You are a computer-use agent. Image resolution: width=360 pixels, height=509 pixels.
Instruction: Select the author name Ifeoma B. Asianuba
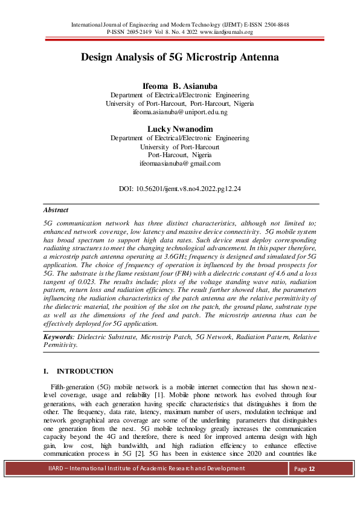coord(180,86)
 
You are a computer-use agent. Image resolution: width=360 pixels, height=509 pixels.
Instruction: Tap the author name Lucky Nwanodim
coord(180,129)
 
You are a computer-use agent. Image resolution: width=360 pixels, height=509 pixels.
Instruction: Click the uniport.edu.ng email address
coord(180,112)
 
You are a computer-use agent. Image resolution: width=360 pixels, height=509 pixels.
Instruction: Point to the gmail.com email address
coord(180,163)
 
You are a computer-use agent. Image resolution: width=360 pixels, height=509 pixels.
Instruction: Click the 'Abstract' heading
coord(56,210)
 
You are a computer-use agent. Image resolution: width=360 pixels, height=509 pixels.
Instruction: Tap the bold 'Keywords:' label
coord(59,336)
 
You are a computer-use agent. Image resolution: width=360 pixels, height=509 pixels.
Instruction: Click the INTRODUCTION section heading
coord(84,371)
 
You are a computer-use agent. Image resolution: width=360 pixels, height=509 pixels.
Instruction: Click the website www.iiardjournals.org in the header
coord(226,32)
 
